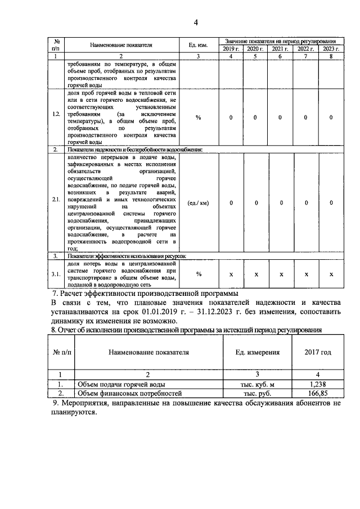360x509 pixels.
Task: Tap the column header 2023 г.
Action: point(331,49)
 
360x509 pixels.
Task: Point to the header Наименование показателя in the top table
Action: point(120,44)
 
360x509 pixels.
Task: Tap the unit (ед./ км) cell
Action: point(198,202)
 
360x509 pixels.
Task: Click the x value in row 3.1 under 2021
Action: point(281,274)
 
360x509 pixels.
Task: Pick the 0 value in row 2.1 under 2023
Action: point(331,202)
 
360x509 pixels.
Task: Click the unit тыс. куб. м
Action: point(256,384)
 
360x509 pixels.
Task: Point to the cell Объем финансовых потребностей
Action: point(125,394)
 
